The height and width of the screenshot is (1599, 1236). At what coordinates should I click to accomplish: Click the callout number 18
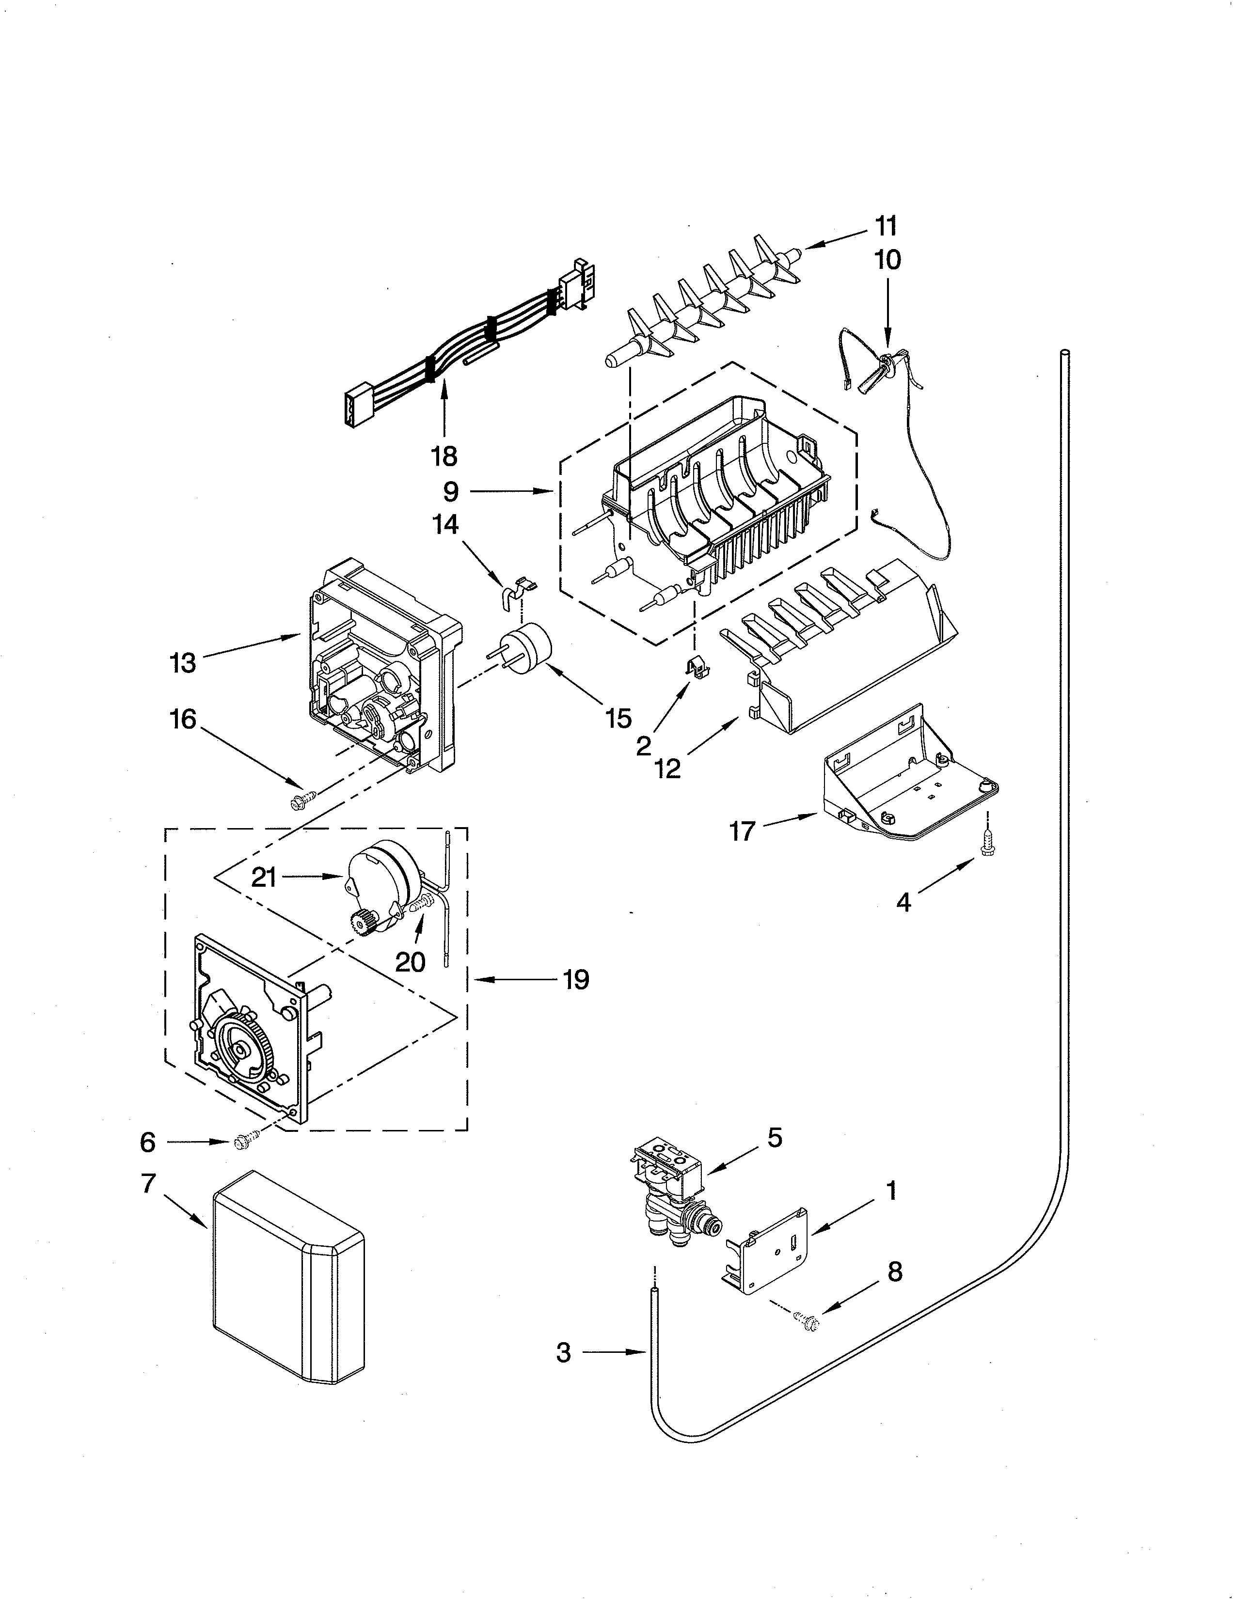(x=444, y=456)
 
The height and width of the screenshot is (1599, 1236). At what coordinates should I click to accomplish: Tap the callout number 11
(x=886, y=226)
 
